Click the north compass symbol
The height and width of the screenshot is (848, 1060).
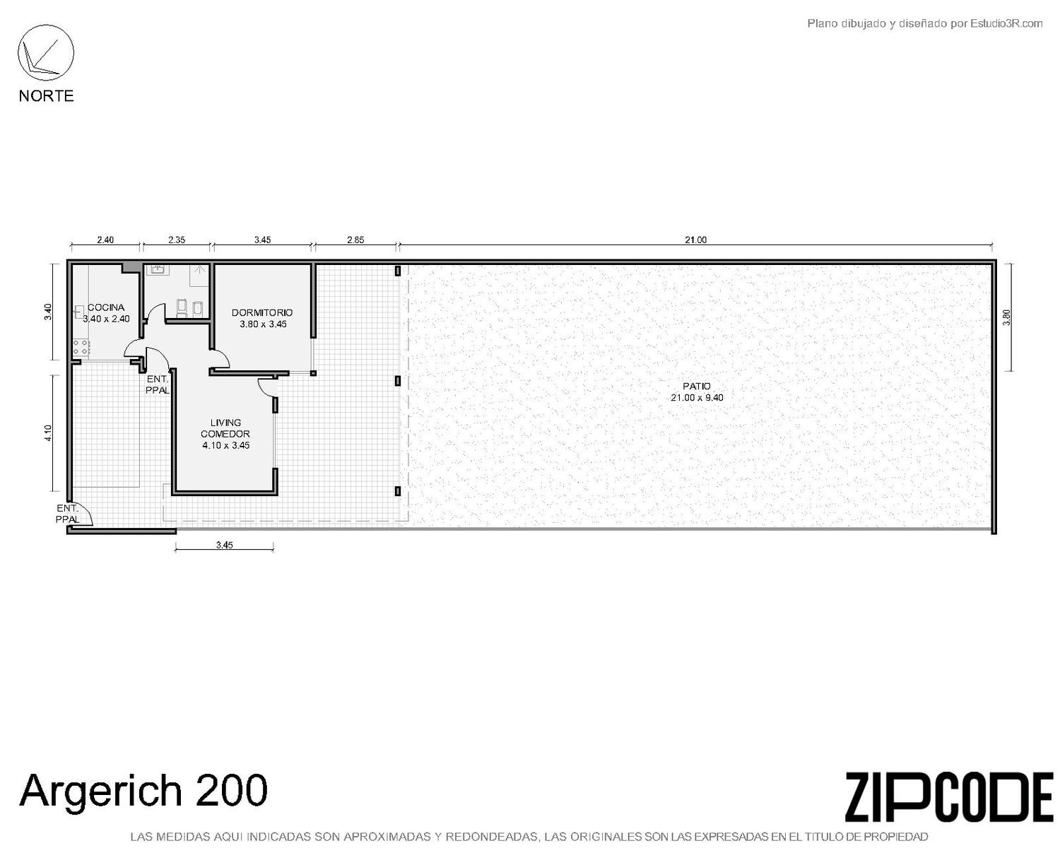point(46,53)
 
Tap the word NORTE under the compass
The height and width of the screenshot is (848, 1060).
point(47,95)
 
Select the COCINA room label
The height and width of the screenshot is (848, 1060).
point(106,307)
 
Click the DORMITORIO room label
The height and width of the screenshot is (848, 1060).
point(262,312)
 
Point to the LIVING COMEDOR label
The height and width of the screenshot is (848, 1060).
point(225,428)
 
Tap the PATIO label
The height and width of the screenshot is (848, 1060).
point(697,387)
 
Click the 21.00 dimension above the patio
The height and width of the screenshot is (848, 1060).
point(695,240)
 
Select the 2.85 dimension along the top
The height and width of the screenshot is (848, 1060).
point(355,240)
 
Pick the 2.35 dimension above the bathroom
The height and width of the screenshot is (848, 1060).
point(177,240)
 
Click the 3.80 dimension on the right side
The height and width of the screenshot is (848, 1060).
point(1006,317)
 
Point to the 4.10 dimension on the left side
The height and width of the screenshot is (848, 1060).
point(48,433)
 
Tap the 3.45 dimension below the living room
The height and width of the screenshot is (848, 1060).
point(224,545)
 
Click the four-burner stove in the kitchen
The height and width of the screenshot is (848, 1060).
point(81,348)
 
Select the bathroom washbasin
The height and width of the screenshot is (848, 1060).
point(157,269)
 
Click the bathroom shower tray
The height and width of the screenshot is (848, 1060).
point(200,275)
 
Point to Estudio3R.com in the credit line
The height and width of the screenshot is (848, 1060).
point(1006,23)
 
